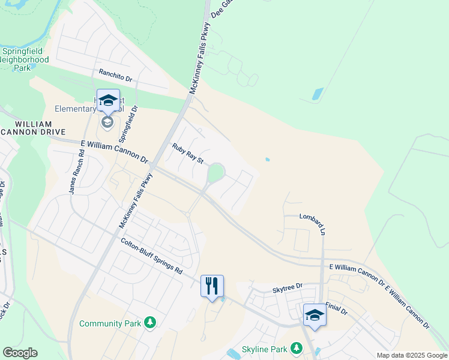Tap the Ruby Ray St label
(188, 153)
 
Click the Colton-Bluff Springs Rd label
(151, 256)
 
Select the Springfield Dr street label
(134, 124)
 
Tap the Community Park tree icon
(149, 323)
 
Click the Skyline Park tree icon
(296, 348)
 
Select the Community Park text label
(110, 324)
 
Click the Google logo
(20, 353)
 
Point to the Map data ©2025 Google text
(411, 355)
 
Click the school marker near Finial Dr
(315, 315)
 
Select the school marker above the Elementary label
(108, 101)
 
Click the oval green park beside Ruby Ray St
(215, 174)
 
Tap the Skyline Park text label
(264, 349)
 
